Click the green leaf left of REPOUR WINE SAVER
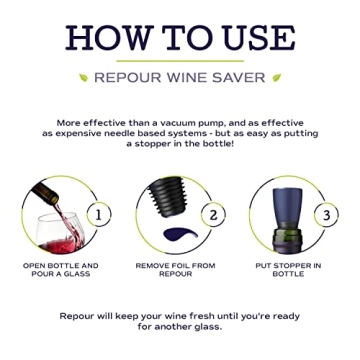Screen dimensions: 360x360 click(x=82, y=77)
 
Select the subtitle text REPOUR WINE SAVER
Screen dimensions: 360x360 click(x=179, y=77)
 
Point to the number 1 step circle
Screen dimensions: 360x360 click(x=100, y=213)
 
